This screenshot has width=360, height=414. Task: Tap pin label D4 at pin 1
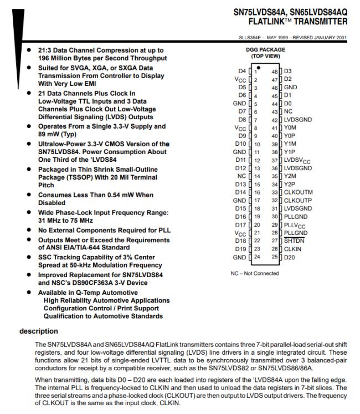(241, 71)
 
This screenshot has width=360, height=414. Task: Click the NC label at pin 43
(288, 111)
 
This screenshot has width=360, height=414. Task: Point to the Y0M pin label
(290, 127)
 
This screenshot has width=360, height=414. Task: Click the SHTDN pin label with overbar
(293, 241)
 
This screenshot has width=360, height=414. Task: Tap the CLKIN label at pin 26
(292, 249)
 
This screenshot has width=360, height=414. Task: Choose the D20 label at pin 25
(290, 257)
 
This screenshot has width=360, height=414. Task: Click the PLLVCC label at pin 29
(295, 224)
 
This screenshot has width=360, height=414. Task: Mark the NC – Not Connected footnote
(255, 273)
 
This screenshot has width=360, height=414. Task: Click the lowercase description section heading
(39, 331)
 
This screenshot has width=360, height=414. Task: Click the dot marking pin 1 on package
(258, 67)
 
